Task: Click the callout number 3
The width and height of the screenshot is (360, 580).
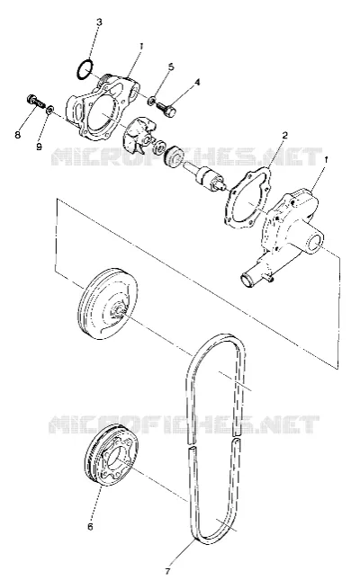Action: pos(99,22)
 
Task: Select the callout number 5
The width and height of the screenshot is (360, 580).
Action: pos(171,67)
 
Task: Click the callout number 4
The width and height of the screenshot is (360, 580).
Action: pos(197,82)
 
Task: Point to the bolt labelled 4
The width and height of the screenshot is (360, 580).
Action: pos(167,108)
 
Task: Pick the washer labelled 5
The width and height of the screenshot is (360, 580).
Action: pos(152,100)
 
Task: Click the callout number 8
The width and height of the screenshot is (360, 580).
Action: pos(18,136)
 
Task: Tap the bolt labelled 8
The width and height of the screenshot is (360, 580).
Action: pos(35,101)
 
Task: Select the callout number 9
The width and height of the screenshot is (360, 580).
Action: pos(40,147)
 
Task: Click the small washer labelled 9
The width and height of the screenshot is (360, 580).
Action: pos(49,109)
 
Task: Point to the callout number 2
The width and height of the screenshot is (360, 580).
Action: pos(284,136)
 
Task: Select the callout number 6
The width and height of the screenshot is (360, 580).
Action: pos(91,526)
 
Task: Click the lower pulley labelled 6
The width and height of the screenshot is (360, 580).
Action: pos(111,456)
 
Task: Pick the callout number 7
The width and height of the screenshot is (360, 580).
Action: pos(167,571)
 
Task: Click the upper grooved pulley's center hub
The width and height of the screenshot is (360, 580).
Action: pos(120,308)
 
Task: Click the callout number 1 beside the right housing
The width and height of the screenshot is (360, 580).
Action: pos(326,160)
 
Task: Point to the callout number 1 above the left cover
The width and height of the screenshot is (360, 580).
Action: pos(141,46)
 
